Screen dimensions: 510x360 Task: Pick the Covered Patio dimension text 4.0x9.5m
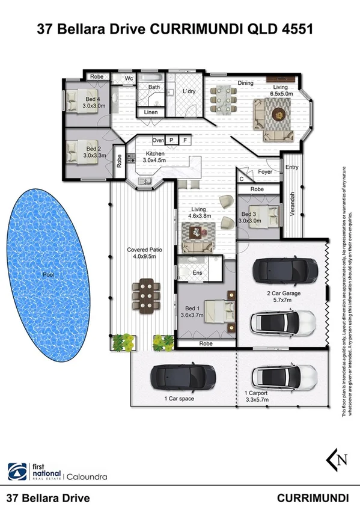pos(142,256)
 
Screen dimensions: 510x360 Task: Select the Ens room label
pos(197,272)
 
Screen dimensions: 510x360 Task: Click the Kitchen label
pos(154,153)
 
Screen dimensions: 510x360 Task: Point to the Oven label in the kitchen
pos(158,140)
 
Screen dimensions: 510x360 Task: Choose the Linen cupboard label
pos(151,112)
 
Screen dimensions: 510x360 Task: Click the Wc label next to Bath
pos(129,78)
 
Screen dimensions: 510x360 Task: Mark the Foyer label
pos(265,171)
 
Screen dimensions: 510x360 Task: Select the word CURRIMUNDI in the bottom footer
pos(313,498)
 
